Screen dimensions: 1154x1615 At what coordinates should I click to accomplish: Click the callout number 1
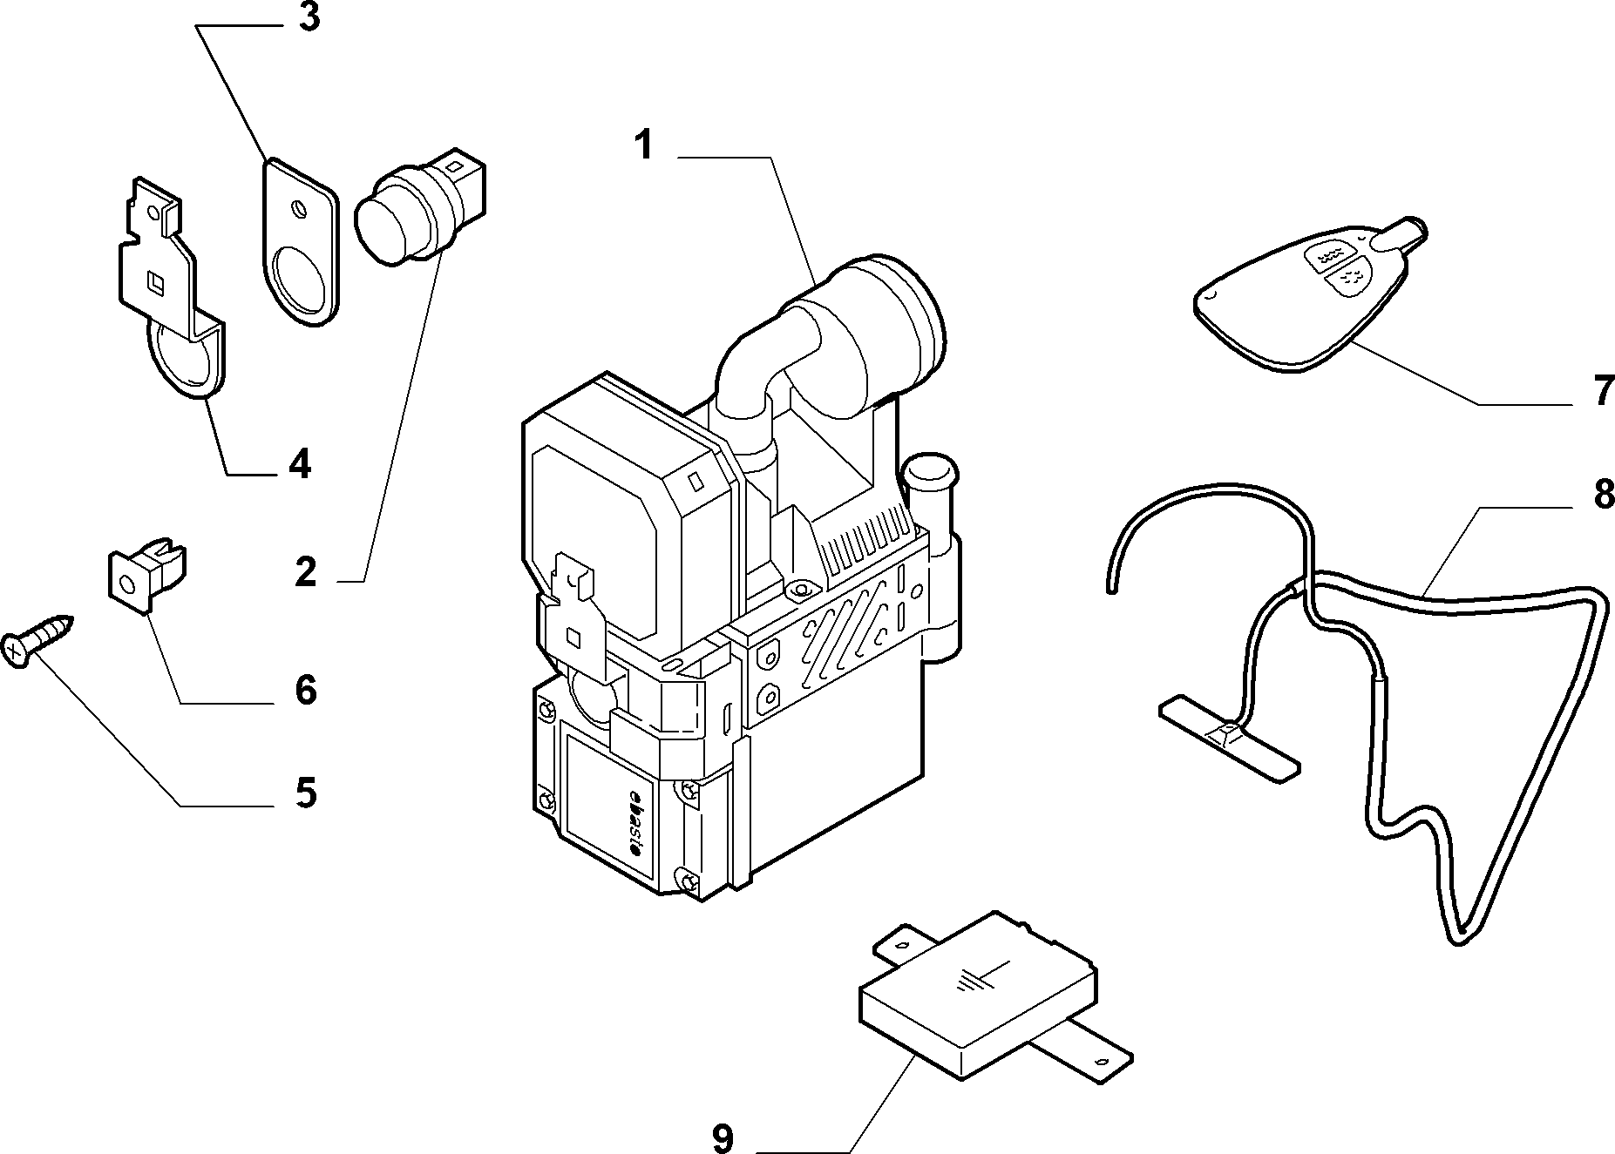tap(643, 145)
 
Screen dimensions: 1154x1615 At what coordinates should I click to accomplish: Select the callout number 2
tap(305, 572)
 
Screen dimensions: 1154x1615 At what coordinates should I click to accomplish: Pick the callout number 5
tap(305, 793)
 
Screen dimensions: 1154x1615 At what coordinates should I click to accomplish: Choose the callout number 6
tap(305, 690)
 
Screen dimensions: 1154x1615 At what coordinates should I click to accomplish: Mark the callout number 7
tap(1603, 390)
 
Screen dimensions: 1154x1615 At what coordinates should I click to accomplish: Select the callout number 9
tap(723, 1137)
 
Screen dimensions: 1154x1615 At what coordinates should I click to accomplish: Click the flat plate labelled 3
tap(299, 244)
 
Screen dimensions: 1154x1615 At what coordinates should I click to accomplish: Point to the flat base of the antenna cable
tap(1229, 736)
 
